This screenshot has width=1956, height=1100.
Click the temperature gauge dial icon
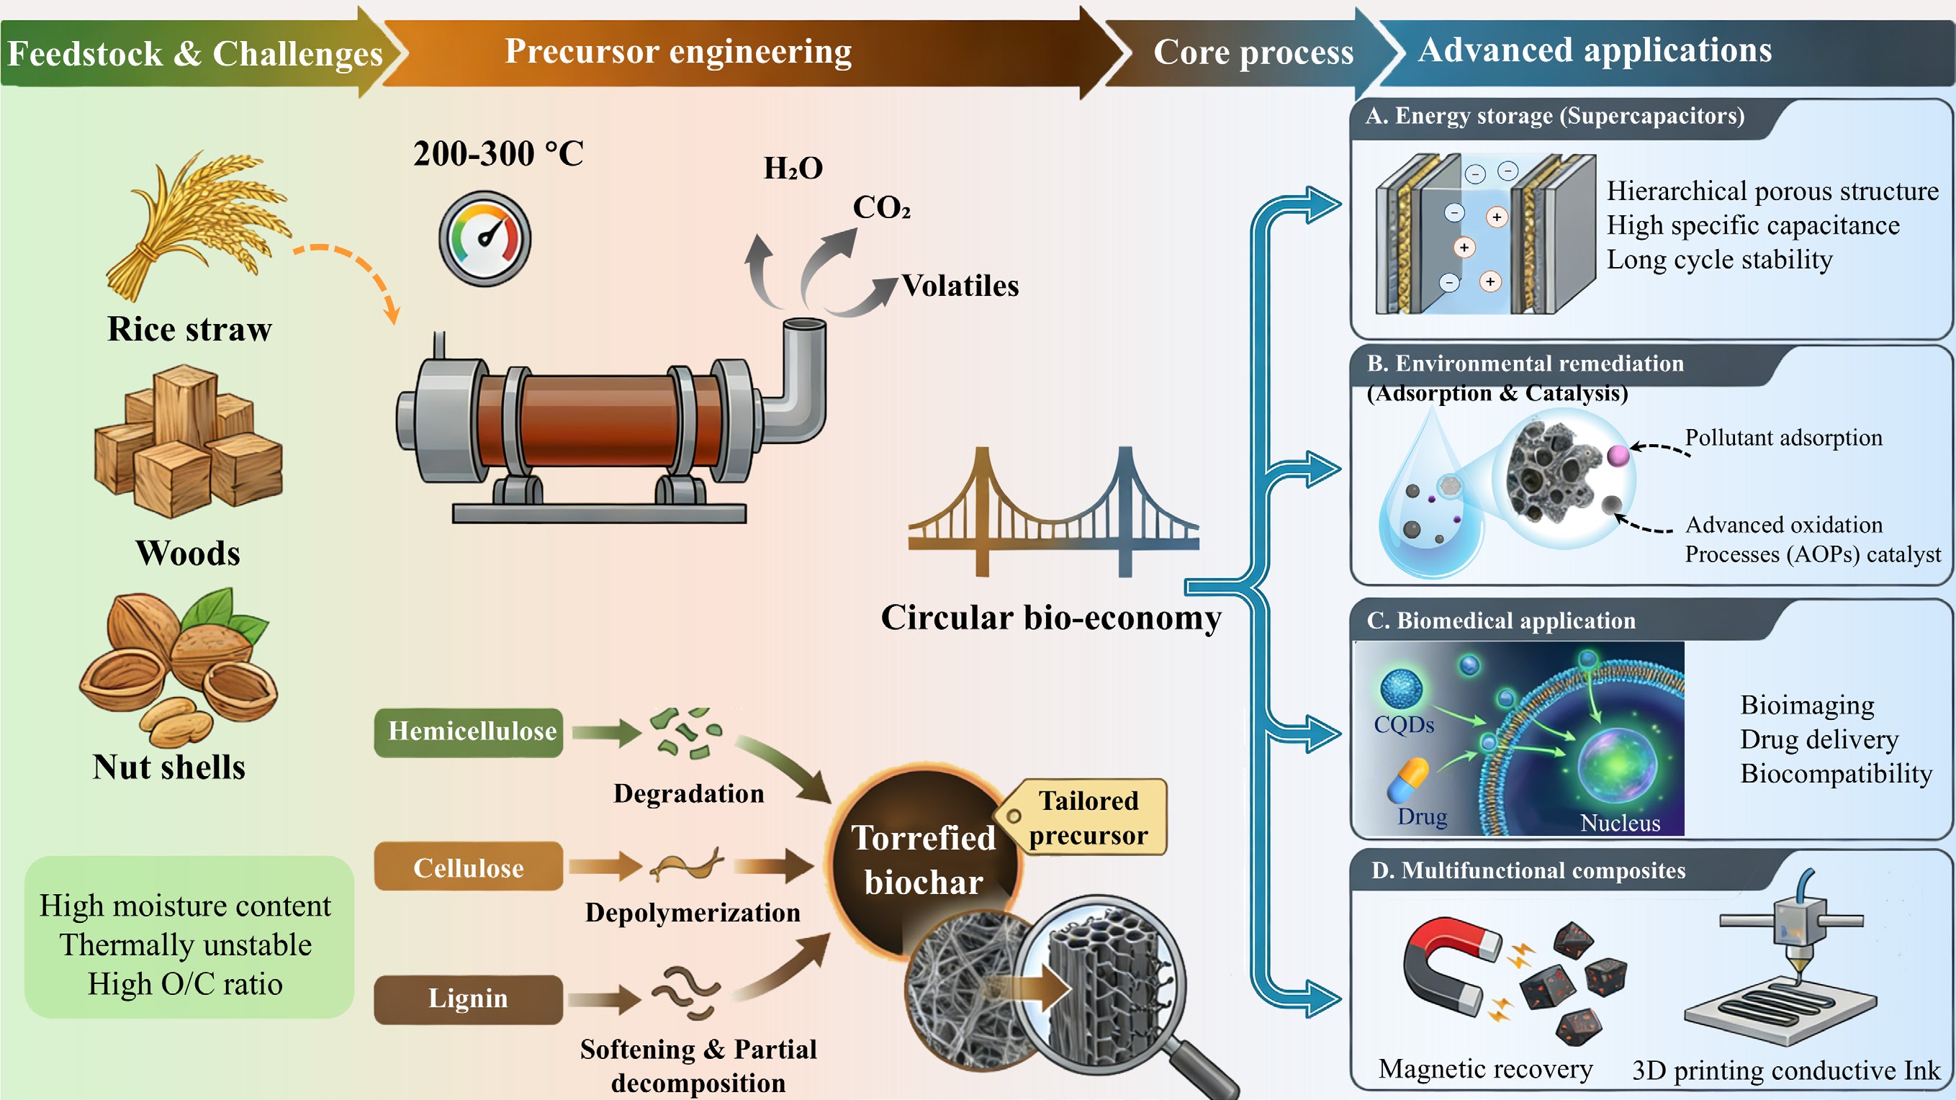click(x=485, y=238)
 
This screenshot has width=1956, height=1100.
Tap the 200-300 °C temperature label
click(x=498, y=154)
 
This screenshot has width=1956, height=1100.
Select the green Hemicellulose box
click(x=469, y=732)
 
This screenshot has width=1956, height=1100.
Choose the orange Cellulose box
click(x=469, y=867)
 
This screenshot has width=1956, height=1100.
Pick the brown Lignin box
click(x=469, y=999)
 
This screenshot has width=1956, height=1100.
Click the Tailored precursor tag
click(x=1087, y=818)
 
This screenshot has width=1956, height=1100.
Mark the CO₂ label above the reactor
click(x=880, y=207)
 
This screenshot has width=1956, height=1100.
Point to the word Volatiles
click(x=960, y=287)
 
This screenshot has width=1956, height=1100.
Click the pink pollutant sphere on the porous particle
click(x=1618, y=456)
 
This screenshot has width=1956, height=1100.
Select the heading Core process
click(x=1253, y=53)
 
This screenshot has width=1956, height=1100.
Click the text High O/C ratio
click(x=185, y=984)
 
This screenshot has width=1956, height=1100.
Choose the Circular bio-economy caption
click(x=1051, y=617)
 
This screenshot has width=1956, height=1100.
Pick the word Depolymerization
click(x=693, y=913)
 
